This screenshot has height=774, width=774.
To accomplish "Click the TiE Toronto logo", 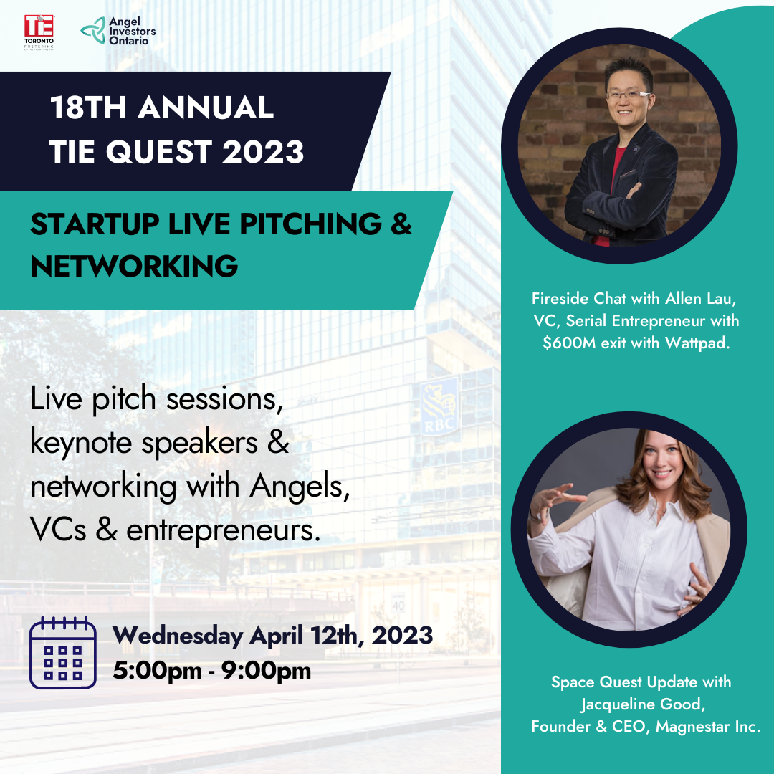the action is coord(39,32).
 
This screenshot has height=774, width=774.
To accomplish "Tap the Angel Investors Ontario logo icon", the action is coord(93,31).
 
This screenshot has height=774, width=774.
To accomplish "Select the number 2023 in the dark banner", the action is coord(262,151).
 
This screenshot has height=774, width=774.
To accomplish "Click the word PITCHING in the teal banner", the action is coord(310,224).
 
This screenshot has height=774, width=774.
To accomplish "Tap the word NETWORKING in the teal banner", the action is coord(134,266).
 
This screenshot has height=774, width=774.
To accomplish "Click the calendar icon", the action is coord(62,653).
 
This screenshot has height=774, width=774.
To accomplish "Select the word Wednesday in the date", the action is coord(178,635).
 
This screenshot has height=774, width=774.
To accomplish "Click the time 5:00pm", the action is coord(157,671).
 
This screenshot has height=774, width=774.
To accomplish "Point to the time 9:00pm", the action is coord(266,671).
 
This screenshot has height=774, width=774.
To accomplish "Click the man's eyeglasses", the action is coord(627,95).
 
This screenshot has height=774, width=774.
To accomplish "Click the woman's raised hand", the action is coord(554,500).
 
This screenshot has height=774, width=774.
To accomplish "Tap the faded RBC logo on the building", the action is coord(439,407).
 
